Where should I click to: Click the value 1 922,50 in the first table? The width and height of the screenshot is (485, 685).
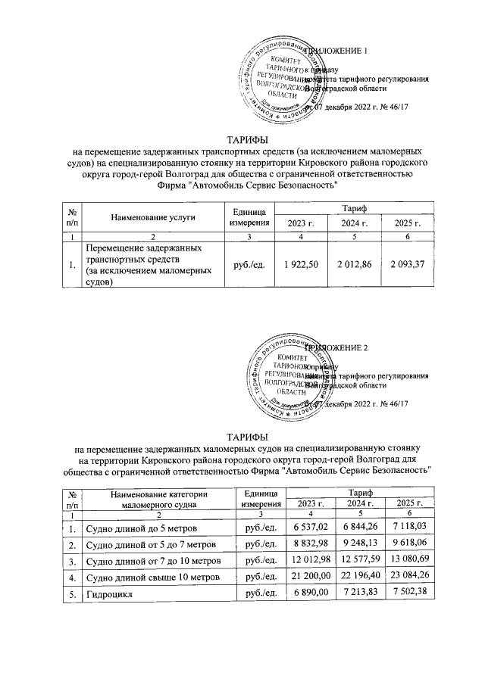[302, 265]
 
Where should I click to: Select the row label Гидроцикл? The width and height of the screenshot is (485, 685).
[111, 594]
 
